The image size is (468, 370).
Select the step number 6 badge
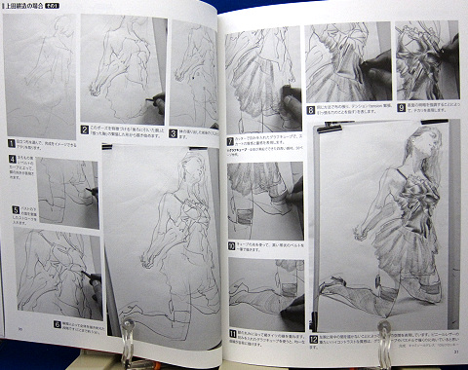pos(57,324)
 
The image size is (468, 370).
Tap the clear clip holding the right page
pos(383,336)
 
